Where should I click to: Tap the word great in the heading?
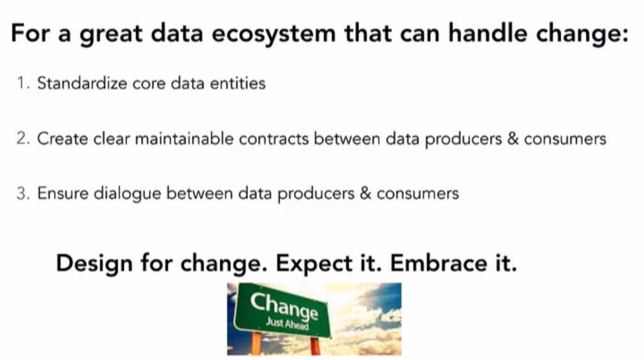[x=116, y=34]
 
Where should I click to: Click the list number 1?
[x=23, y=83]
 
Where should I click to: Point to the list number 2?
[x=23, y=138]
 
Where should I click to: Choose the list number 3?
[x=23, y=194]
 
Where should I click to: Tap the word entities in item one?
[x=238, y=83]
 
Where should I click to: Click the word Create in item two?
[x=55, y=138]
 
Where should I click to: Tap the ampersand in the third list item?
[x=365, y=194]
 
